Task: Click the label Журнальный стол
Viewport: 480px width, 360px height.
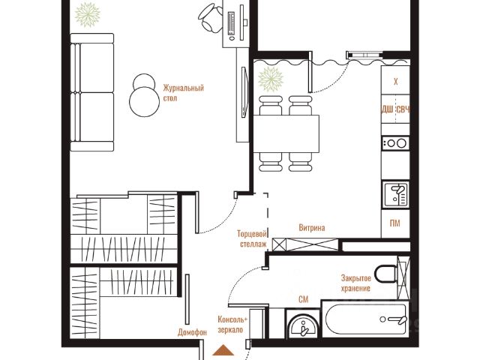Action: click(x=183, y=93)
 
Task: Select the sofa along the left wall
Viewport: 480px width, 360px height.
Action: click(x=92, y=92)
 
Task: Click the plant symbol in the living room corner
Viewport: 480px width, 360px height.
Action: click(x=88, y=14)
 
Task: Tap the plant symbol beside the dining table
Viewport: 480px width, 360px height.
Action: click(x=271, y=79)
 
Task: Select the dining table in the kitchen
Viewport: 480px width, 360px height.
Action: click(x=286, y=133)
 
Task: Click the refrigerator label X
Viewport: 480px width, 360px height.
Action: click(x=395, y=82)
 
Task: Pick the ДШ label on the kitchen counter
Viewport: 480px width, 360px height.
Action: click(x=387, y=109)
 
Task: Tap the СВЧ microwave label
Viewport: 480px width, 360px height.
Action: click(x=403, y=109)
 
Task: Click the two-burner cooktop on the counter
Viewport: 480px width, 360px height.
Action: click(x=395, y=143)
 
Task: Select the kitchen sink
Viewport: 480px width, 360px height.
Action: click(x=395, y=194)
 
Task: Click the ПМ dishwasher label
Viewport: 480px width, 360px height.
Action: click(x=395, y=223)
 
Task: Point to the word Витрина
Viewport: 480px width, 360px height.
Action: click(x=312, y=228)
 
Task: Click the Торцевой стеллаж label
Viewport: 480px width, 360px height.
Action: click(x=252, y=239)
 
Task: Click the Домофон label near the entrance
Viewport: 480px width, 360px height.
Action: click(x=192, y=332)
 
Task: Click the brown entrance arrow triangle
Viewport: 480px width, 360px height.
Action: click(x=224, y=350)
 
